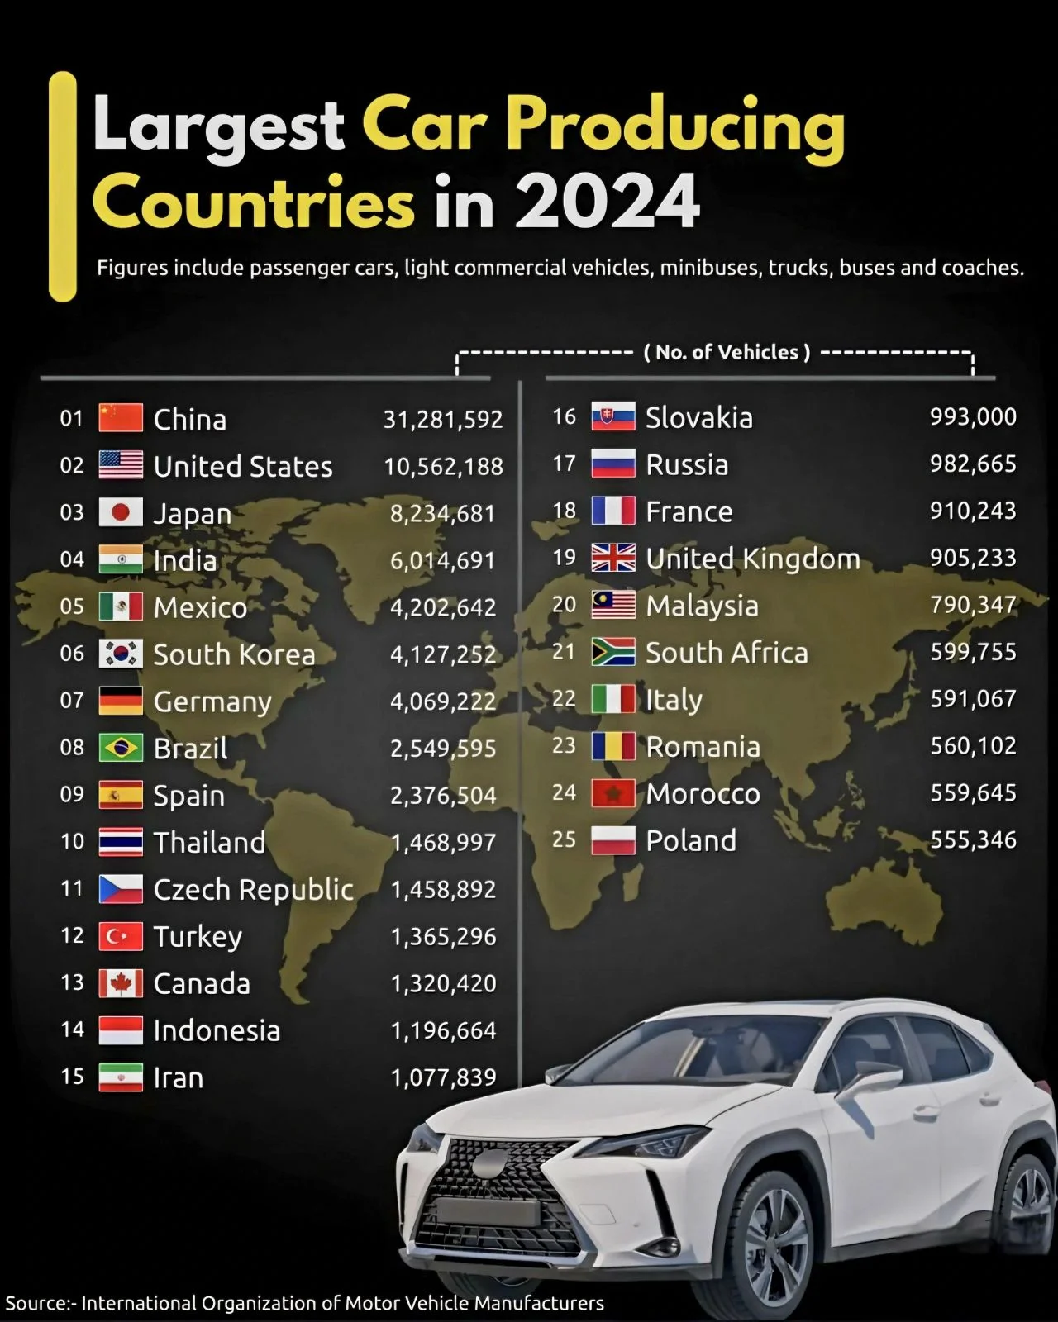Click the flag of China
(121, 418)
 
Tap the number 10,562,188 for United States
(443, 466)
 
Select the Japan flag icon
(121, 512)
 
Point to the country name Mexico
(200, 607)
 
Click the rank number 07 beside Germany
(72, 701)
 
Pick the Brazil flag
(121, 748)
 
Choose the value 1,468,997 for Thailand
(443, 842)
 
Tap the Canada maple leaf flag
(121, 983)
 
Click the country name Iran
(179, 1077)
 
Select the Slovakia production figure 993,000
(973, 416)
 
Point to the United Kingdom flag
(613, 558)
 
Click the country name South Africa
(727, 653)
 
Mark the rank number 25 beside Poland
(564, 839)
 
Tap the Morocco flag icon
(613, 793)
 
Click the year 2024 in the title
(608, 202)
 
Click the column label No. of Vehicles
(727, 353)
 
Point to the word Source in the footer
(37, 1303)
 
